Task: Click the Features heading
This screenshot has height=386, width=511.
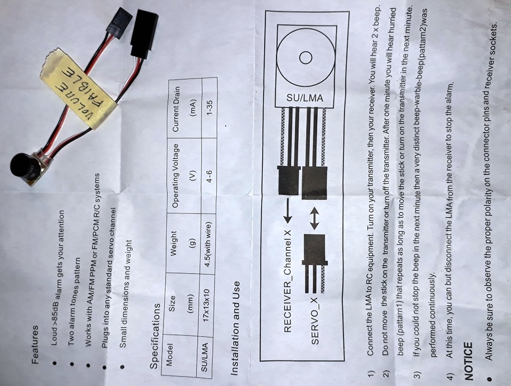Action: tap(35, 344)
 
